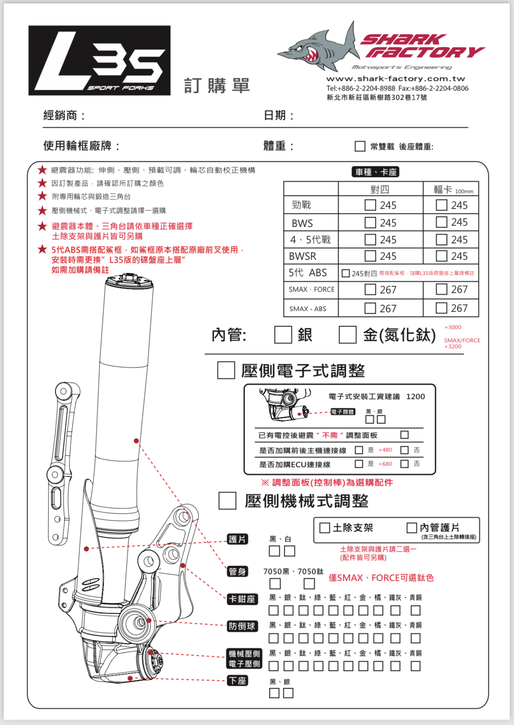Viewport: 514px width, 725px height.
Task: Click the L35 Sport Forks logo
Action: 99,60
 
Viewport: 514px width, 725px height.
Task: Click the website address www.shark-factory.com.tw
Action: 396,79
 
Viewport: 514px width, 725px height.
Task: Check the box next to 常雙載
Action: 360,146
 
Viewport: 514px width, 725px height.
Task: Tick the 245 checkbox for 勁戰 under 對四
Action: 370,205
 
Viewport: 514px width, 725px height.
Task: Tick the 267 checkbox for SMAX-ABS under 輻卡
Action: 441,308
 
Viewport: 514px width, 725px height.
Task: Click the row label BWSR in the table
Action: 303,256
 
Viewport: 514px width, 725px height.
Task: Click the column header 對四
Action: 380,189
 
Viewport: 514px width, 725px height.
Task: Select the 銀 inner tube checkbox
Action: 283,335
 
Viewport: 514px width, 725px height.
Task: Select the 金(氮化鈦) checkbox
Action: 347,335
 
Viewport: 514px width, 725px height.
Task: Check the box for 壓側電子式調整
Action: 226,371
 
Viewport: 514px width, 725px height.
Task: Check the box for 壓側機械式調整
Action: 227,501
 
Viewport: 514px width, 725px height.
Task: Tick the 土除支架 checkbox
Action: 325,528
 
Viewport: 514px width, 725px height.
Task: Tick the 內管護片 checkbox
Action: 412,528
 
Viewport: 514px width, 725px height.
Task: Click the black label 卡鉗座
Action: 242,599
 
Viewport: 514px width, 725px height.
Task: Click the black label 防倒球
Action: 242,626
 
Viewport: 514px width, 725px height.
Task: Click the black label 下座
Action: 237,681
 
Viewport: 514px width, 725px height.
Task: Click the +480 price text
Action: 385,450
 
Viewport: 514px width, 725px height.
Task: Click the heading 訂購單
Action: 217,86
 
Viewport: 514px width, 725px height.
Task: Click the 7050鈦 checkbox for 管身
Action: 309,583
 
